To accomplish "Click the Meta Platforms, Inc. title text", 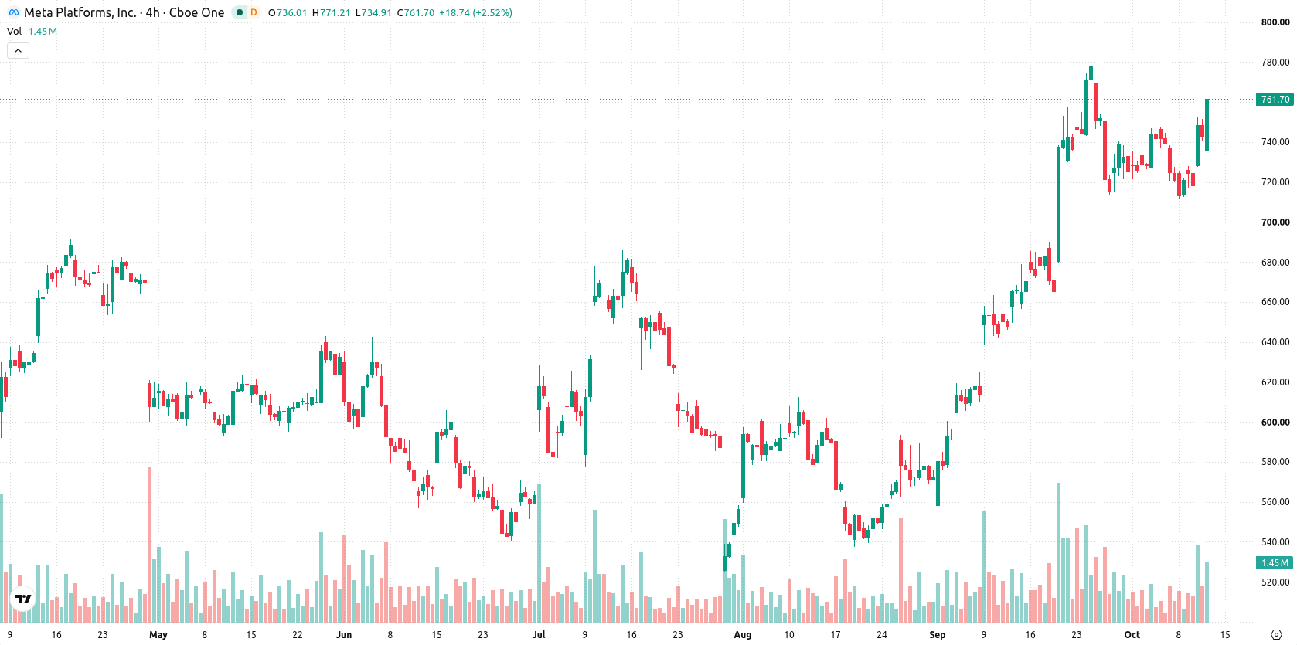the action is tap(80, 12).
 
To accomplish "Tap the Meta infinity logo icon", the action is tap(13, 12).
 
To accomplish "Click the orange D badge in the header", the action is tap(254, 12).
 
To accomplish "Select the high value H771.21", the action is tap(331, 12).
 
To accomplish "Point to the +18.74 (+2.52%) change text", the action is tap(475, 12).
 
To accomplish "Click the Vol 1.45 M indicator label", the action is tap(32, 31).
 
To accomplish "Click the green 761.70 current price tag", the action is tap(1275, 100).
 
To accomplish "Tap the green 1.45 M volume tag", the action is tap(1275, 563).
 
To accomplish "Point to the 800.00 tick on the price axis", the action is tap(1275, 22).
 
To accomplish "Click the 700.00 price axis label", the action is tap(1275, 222).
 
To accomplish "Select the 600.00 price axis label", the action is tap(1275, 423).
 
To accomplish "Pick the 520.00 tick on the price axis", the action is tap(1275, 582).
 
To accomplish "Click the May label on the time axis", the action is tap(158, 635).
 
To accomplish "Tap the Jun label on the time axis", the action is tap(344, 635).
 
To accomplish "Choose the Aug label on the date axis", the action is tap(742, 635).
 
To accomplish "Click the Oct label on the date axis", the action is tap(1132, 635).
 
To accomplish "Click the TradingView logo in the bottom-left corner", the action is tap(23, 599).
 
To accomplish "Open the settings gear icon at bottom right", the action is tap(1276, 635).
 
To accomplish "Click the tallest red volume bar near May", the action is tap(150, 545).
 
